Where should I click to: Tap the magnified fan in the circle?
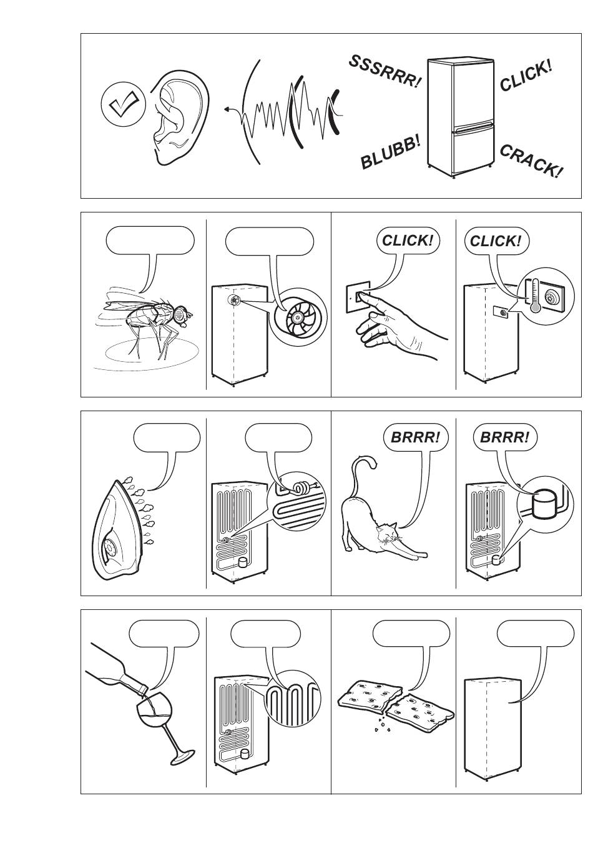pyautogui.click(x=298, y=317)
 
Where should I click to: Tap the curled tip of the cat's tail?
pyautogui.click(x=371, y=462)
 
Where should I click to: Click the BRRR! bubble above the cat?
pyautogui.click(x=416, y=437)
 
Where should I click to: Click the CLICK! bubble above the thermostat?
pyautogui.click(x=496, y=241)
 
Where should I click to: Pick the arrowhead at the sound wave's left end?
pyautogui.click(x=226, y=109)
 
